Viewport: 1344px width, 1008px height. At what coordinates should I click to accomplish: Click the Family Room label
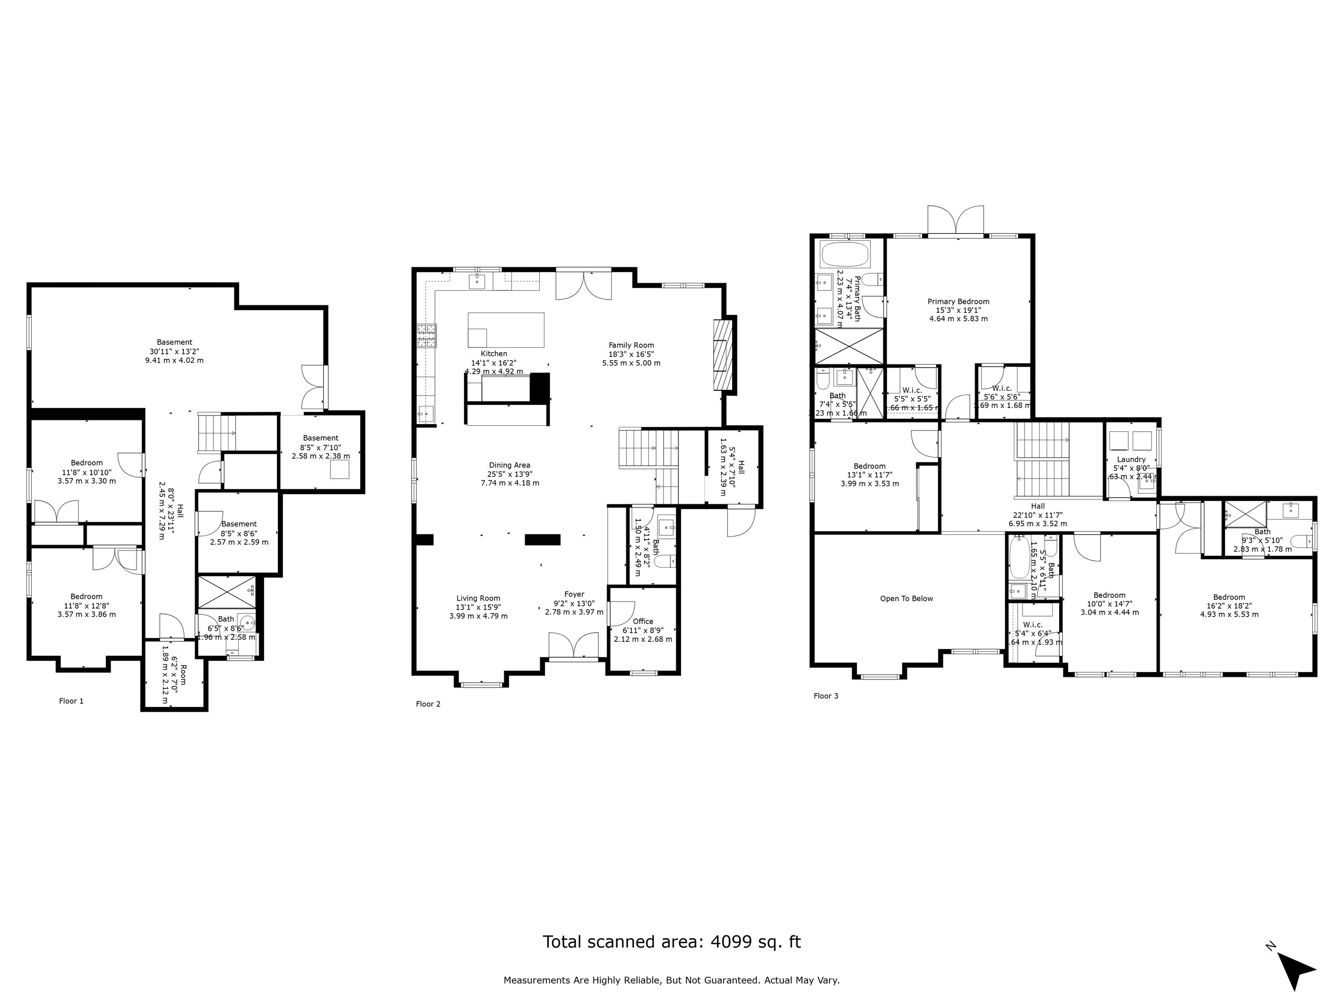[631, 345]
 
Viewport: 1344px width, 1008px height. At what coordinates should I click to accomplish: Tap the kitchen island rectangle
[505, 330]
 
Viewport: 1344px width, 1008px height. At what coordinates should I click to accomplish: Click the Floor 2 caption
[428, 704]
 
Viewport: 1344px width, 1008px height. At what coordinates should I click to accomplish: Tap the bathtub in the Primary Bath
[845, 255]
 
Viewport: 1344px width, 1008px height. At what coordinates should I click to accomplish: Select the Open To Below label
[906, 598]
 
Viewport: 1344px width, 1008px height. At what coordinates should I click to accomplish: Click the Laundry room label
[1131, 459]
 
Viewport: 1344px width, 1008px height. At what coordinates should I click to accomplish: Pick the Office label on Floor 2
[643, 621]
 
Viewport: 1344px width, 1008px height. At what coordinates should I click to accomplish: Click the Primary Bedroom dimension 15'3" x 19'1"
[958, 310]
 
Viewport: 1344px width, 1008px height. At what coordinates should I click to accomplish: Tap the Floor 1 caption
[71, 701]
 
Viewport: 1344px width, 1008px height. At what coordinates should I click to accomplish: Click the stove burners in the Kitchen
[426, 336]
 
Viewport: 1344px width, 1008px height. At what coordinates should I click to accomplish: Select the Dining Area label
[509, 466]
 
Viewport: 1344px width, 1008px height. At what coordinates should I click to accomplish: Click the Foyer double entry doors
[573, 645]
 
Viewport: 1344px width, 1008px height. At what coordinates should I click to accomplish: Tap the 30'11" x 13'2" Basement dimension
[174, 351]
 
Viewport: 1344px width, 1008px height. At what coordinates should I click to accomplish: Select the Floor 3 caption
[826, 696]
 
